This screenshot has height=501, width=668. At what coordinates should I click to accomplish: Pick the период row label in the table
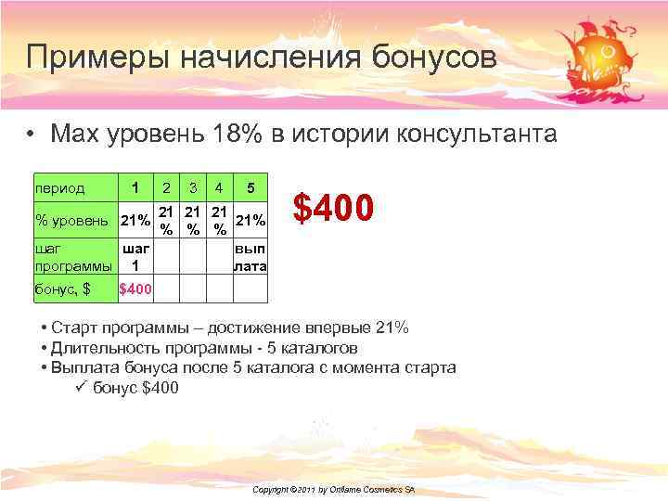click(x=59, y=187)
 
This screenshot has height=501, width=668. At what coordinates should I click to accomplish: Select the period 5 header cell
click(x=250, y=187)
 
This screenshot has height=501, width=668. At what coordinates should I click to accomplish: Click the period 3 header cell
click(x=191, y=187)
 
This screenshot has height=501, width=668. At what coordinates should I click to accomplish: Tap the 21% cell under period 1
click(x=136, y=220)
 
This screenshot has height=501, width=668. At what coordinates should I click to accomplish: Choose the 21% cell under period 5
click(x=250, y=220)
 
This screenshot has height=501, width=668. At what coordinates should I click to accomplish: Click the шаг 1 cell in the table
click(x=136, y=258)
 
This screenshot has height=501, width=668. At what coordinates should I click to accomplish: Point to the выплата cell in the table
click(x=250, y=258)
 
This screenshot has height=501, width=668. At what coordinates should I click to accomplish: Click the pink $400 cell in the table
click(x=136, y=289)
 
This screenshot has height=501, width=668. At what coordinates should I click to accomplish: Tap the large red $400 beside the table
click(x=333, y=207)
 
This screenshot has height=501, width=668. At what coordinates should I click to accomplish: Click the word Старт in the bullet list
click(x=76, y=328)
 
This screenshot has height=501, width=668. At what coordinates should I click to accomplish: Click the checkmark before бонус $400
click(x=79, y=388)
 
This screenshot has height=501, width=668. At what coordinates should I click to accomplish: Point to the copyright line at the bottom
click(x=333, y=489)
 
